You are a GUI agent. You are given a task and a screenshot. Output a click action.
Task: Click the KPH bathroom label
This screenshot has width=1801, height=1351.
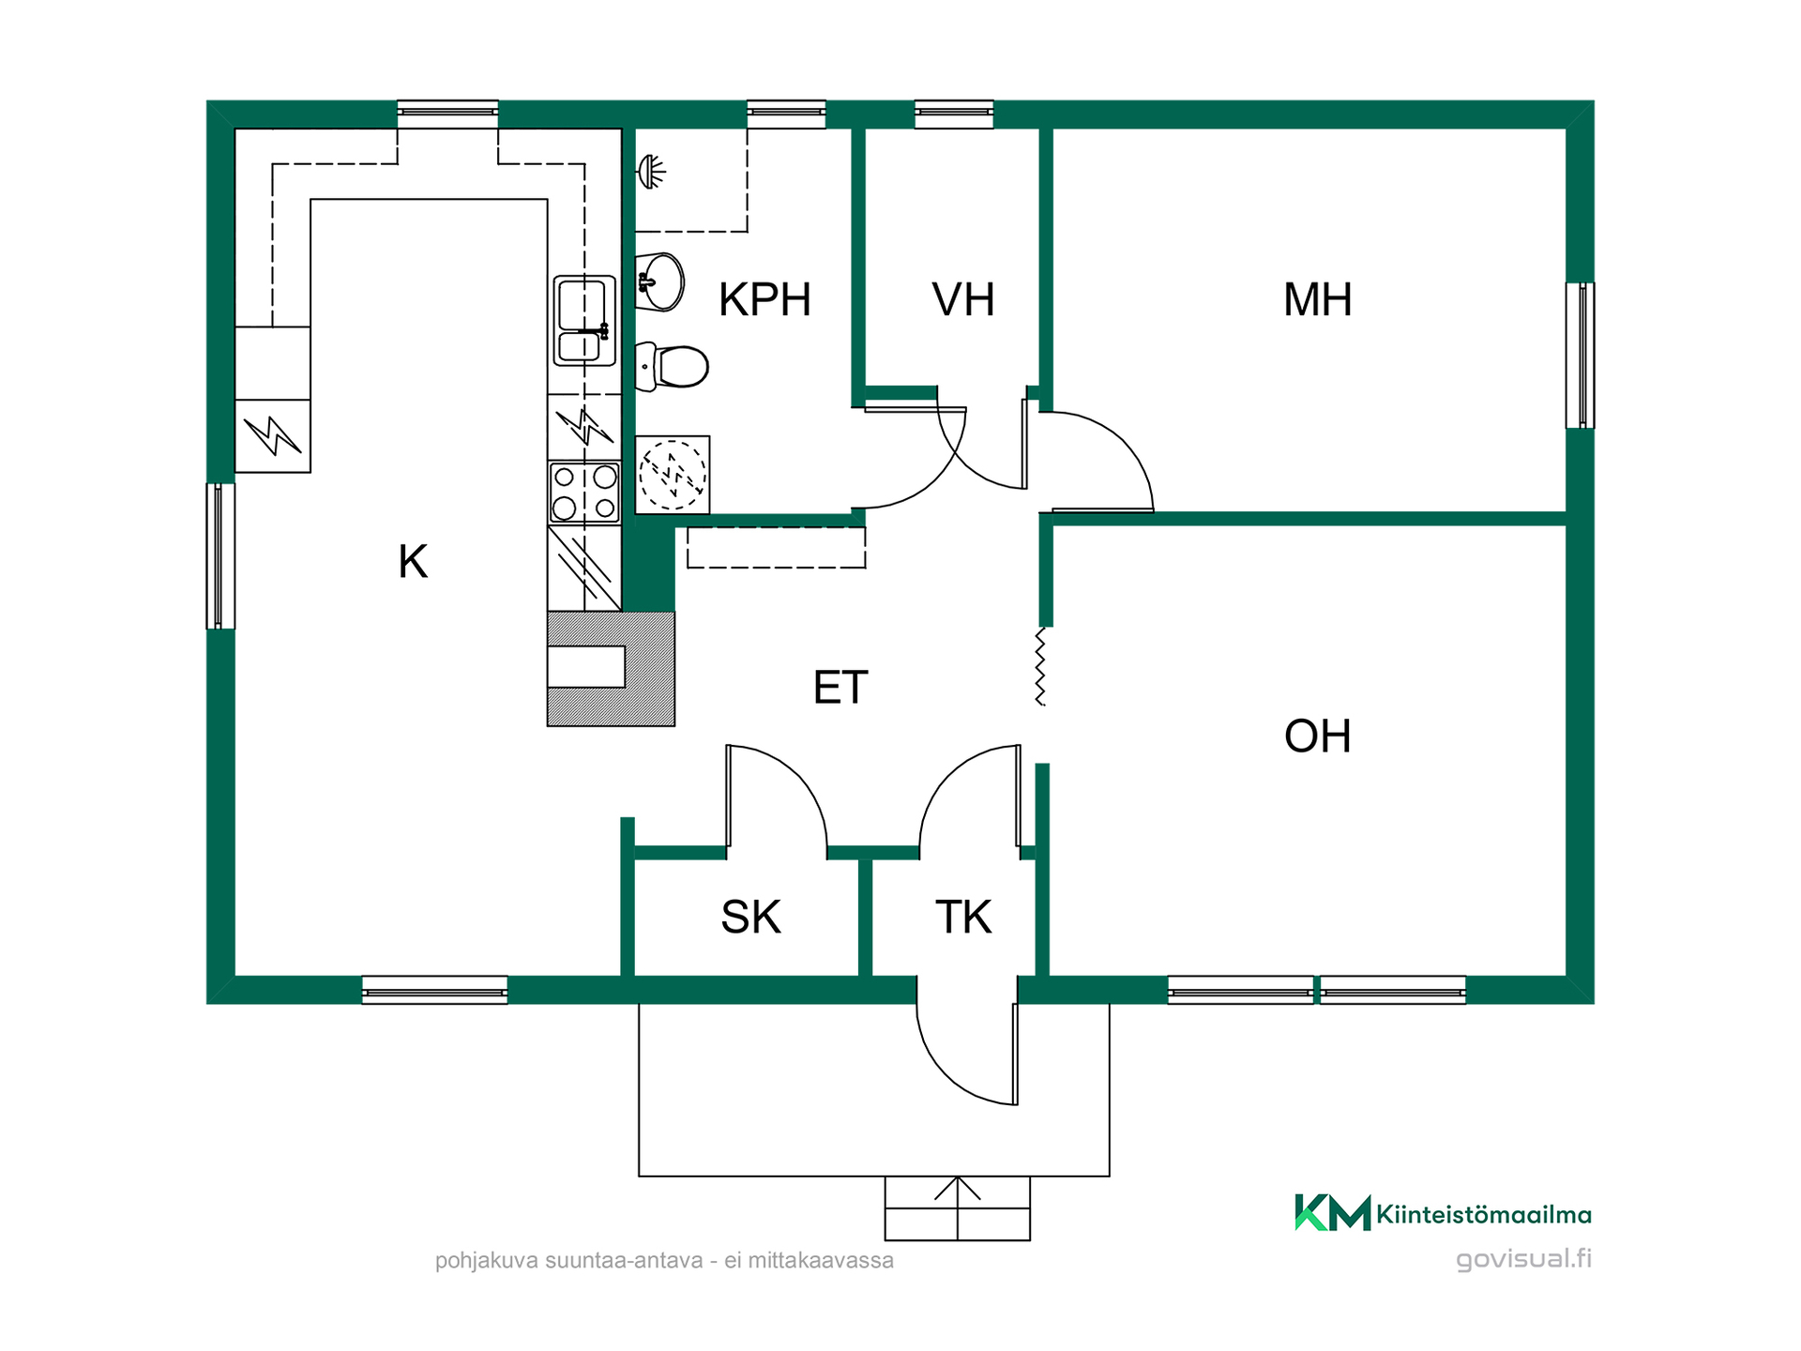click(x=764, y=300)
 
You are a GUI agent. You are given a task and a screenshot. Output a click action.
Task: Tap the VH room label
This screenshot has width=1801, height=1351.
click(x=963, y=300)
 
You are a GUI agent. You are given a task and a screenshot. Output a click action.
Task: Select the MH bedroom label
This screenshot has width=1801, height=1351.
click(x=1318, y=300)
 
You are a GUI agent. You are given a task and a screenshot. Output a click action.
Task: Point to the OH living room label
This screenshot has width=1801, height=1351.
click(x=1318, y=736)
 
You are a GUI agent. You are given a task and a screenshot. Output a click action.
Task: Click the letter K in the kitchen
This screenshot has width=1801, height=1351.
click(x=413, y=562)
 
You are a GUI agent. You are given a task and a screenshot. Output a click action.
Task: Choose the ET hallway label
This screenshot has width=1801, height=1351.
click(x=840, y=688)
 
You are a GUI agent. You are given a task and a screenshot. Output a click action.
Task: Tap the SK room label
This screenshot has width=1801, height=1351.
click(x=750, y=917)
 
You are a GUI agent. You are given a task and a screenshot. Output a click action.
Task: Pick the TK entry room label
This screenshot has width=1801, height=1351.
click(x=963, y=917)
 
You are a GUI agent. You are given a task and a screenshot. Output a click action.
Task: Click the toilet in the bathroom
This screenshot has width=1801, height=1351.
click(x=672, y=366)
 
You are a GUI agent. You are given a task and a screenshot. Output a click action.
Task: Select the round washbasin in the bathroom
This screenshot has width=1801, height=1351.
click(x=660, y=281)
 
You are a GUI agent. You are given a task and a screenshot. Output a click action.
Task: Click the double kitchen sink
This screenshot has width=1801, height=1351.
click(x=584, y=320)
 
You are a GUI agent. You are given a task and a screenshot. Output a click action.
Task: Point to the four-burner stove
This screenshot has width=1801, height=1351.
click(x=584, y=492)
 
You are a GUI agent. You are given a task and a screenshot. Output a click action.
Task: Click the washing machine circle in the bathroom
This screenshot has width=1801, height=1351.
click(x=673, y=475)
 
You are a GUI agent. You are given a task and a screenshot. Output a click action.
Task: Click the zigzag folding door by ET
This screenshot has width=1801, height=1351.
click(x=1040, y=666)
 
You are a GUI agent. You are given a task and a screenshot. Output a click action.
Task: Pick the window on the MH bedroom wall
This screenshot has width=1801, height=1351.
click(x=1581, y=356)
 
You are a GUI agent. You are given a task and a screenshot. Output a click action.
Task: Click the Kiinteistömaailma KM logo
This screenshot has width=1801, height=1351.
click(x=1332, y=1213)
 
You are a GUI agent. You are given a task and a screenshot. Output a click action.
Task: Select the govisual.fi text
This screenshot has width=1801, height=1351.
click(x=1523, y=1259)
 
